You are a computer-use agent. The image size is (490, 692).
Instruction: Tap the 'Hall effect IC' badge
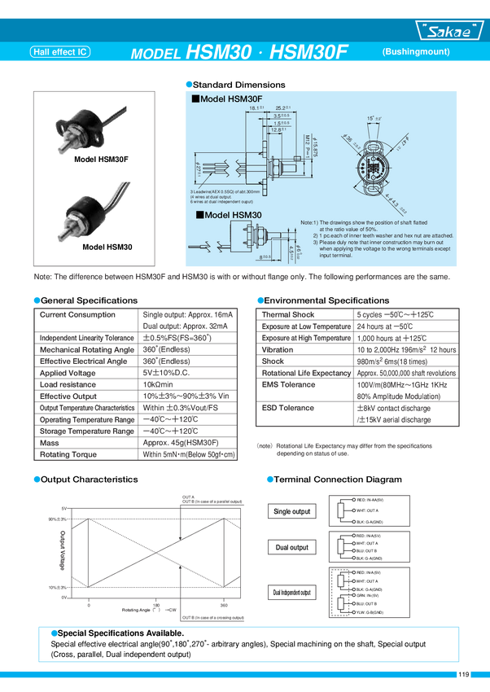pos(59,52)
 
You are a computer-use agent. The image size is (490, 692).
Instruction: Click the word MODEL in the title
pos(155,54)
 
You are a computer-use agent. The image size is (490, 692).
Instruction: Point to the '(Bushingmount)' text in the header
pos(415,51)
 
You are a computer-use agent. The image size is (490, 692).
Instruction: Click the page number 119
pos(463,674)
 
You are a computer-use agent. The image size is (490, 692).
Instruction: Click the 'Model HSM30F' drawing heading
pos(226,98)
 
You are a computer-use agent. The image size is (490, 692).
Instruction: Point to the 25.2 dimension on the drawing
pos(283,107)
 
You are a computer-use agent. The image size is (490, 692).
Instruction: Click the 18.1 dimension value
pos(256,107)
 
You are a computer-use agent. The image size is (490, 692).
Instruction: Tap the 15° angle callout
pos(371,119)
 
